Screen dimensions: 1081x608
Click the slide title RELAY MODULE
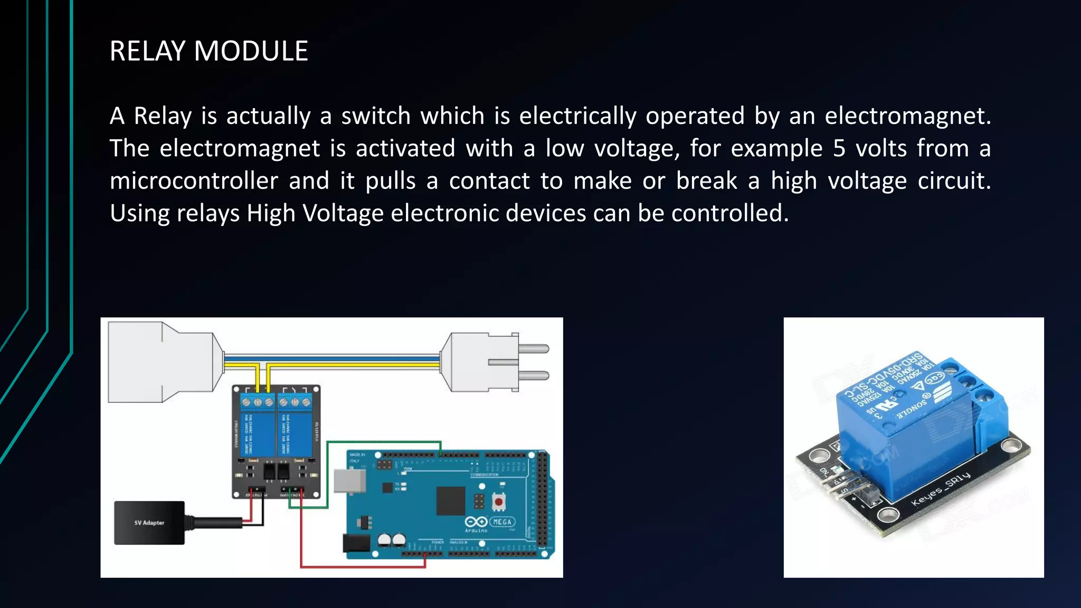point(208,51)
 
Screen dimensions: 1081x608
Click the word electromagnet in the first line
point(908,116)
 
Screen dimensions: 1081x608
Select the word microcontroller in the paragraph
point(194,181)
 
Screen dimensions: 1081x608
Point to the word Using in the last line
point(139,213)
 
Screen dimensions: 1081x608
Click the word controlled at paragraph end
point(729,213)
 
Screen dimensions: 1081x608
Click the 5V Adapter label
point(149,523)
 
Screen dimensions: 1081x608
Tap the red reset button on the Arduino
point(498,501)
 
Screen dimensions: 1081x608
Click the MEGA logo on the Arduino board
point(502,522)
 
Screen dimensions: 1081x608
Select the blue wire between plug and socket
point(333,359)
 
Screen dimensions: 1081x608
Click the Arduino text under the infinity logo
point(476,530)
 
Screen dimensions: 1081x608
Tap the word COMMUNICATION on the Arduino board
point(484,474)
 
